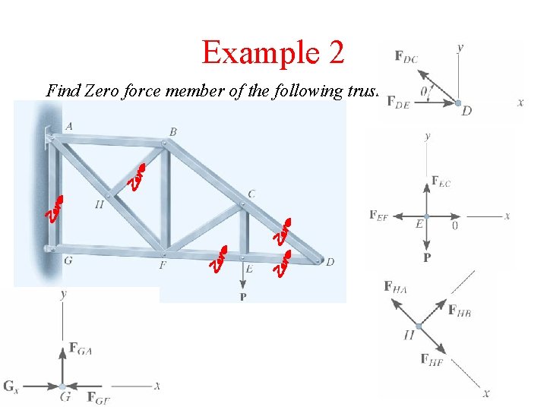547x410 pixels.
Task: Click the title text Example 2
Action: [273, 52]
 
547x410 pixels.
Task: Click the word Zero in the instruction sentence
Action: [100, 91]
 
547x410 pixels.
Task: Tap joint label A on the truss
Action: [69, 127]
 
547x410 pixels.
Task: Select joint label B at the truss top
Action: [173, 132]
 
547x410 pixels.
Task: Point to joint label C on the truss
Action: [251, 194]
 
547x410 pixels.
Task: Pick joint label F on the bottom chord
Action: [162, 266]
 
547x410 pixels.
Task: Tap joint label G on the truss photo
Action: [68, 260]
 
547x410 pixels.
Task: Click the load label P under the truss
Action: [243, 297]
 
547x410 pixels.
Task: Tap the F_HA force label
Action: [396, 287]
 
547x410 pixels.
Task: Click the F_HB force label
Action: [460, 311]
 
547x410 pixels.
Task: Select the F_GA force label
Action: [82, 348]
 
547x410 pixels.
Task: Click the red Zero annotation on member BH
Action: [138, 175]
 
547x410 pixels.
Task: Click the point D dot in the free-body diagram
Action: [458, 102]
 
